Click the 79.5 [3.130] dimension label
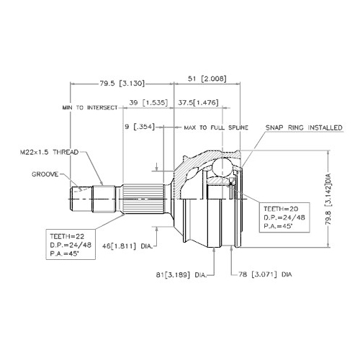point(122,84)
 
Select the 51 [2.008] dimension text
point(207,78)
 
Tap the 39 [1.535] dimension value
point(148,102)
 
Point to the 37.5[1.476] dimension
point(198,102)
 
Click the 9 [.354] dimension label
point(140,127)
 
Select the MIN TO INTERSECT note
point(90,107)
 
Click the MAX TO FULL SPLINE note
point(216,127)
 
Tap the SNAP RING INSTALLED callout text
point(304,127)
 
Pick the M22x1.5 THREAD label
point(49,152)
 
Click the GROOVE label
point(45,174)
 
